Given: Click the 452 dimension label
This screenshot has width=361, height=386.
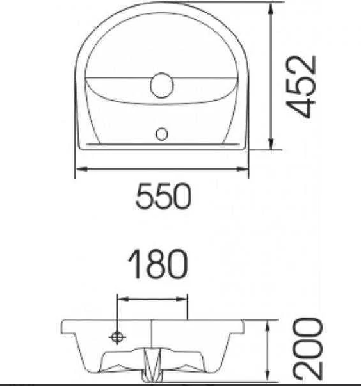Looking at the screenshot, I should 301,86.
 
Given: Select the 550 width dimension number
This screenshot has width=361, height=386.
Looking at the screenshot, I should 163,197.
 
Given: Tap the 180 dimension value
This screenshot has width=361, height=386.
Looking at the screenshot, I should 157,264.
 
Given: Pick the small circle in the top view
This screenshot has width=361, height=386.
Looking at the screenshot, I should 162,134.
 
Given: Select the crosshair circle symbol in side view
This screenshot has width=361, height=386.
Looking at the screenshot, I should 117,337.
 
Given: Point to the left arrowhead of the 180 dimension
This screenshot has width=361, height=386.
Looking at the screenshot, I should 120,298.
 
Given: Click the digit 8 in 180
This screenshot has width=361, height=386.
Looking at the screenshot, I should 157,264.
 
